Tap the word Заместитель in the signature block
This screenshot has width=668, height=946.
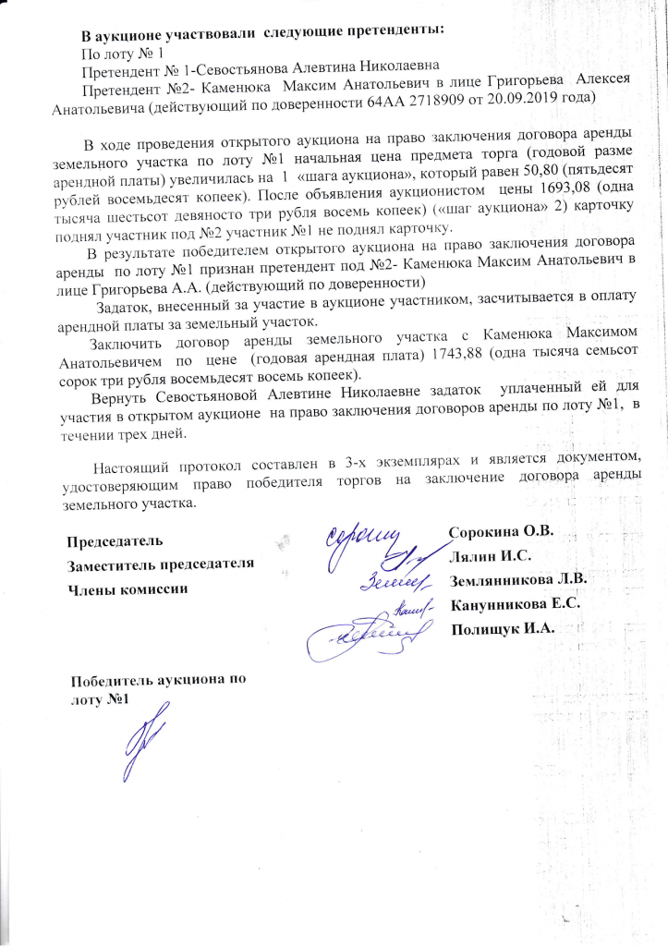pos(113,564)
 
